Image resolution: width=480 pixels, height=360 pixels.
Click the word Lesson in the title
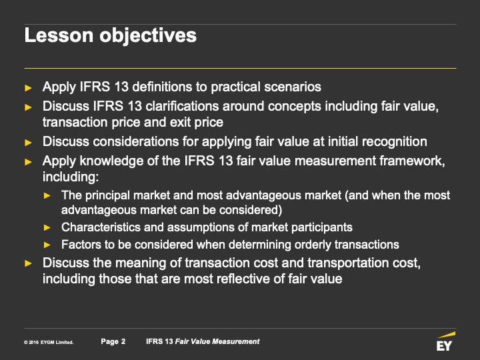[x=59, y=35]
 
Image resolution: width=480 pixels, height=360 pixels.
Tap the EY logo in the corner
[x=445, y=341]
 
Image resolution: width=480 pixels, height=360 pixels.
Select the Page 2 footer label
[x=113, y=341]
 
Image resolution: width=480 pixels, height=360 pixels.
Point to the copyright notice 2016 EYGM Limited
[x=49, y=342]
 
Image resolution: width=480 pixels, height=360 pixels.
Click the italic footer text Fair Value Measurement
[x=217, y=341]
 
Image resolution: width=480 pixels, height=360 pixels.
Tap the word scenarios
[x=293, y=87]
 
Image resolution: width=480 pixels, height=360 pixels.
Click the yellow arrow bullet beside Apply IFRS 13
[x=29, y=88]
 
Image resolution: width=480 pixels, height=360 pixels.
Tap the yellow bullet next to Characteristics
[x=47, y=227]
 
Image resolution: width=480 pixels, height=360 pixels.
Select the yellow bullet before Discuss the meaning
[x=29, y=263]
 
